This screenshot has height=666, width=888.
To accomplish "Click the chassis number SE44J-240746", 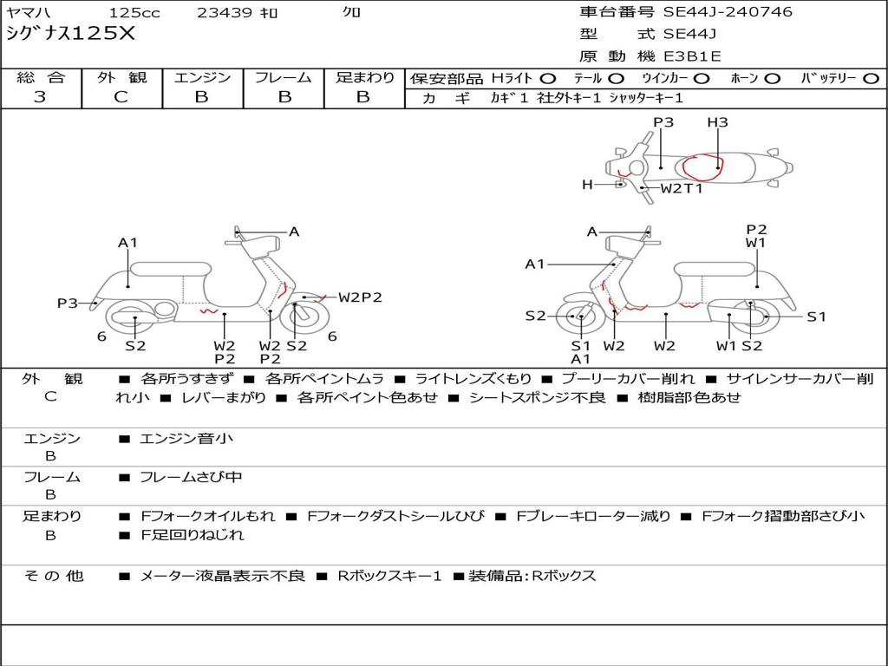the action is click(x=728, y=12).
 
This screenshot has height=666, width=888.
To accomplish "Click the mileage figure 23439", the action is click(x=225, y=13).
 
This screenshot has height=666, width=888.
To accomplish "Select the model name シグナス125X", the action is click(x=71, y=34).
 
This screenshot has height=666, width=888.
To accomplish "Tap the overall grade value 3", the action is click(x=40, y=97).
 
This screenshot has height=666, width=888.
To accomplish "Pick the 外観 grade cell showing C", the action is click(x=121, y=97).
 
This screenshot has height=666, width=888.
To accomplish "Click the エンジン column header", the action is click(x=202, y=78).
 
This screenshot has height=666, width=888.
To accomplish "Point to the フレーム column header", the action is click(x=283, y=78).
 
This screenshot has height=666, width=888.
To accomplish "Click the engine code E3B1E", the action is click(x=692, y=56).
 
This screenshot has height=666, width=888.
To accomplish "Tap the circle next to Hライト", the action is click(x=547, y=78).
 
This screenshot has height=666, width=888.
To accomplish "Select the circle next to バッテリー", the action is click(x=871, y=78).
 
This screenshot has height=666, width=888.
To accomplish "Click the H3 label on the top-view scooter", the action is click(x=717, y=122).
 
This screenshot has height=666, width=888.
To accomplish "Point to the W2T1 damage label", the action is click(x=682, y=188).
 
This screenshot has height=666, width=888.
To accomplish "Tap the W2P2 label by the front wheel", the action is click(x=360, y=297).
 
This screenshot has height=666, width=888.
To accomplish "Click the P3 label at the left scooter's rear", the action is click(x=68, y=303).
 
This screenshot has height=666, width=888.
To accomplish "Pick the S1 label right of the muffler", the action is click(x=816, y=317).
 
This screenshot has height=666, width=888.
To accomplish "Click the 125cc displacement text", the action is click(x=134, y=13).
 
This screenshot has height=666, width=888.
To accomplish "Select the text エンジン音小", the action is click(x=186, y=439).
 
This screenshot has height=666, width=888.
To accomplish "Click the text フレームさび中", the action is click(x=192, y=477).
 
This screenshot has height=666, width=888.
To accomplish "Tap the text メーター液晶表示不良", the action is click(x=223, y=576).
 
